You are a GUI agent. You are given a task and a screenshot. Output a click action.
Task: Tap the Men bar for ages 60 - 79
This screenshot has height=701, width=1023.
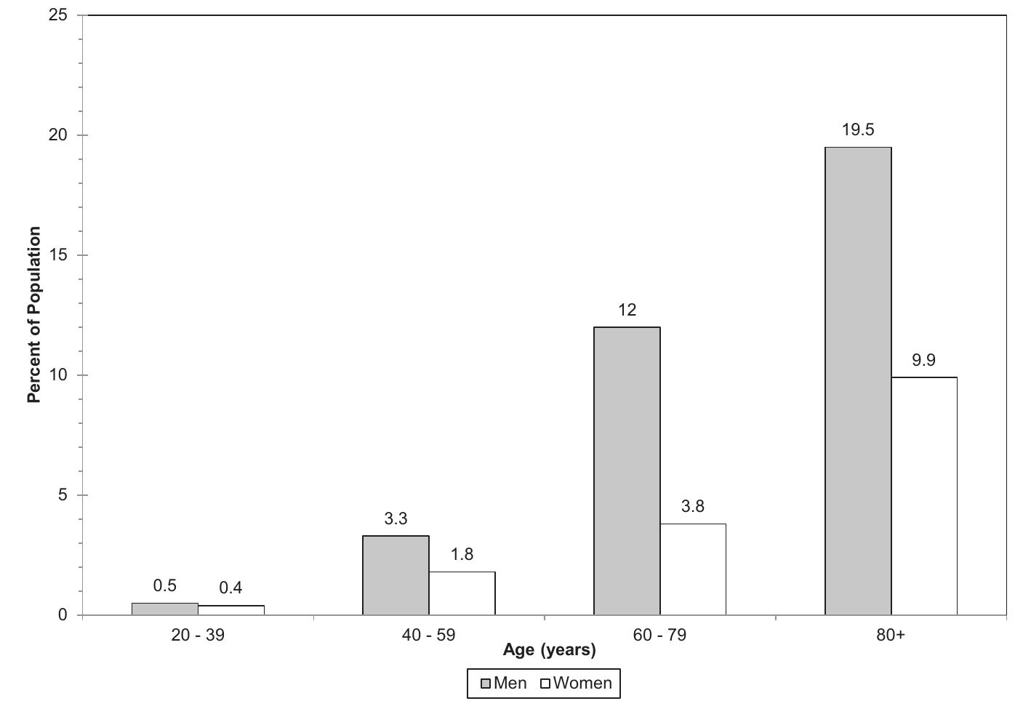click(627, 470)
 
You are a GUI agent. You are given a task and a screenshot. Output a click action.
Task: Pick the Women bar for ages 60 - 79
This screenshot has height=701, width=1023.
click(693, 569)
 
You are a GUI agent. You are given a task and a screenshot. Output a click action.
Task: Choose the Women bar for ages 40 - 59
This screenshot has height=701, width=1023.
click(462, 593)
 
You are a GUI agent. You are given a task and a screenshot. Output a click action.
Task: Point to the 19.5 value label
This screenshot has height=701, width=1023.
click(858, 130)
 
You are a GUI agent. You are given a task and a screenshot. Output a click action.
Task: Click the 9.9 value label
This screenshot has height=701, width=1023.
click(923, 360)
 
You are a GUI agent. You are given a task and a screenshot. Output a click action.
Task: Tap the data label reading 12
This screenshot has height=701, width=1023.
click(627, 311)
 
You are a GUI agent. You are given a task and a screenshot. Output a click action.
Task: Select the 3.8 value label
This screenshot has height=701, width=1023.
click(693, 507)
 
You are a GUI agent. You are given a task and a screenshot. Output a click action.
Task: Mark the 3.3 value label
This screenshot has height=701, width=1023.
click(396, 519)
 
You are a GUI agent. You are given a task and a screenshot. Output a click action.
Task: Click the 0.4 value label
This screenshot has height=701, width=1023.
click(230, 588)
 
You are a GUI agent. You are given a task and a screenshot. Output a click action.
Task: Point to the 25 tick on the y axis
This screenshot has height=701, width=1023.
click(58, 15)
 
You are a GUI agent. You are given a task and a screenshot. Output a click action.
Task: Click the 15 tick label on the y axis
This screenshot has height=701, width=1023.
click(58, 255)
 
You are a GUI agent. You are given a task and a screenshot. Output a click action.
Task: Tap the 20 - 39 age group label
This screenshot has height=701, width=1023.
click(198, 635)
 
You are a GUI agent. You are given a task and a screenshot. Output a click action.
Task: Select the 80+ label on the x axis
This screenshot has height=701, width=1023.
click(891, 635)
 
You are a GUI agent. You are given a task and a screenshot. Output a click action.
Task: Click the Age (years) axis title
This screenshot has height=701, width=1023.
click(549, 650)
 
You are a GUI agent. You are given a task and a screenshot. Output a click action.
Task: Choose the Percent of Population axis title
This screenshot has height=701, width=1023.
click(34, 315)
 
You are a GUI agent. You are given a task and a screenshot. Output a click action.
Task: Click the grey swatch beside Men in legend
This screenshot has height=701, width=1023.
click(486, 684)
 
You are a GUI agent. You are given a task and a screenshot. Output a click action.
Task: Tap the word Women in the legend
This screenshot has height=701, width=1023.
click(582, 684)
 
